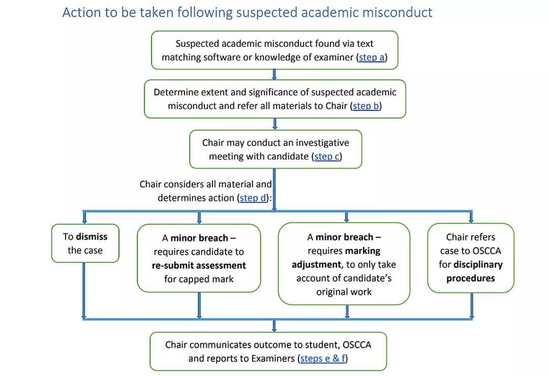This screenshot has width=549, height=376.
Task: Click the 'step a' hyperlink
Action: (372, 57)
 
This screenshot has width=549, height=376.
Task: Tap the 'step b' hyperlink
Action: (366, 106)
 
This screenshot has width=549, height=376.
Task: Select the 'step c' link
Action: (326, 156)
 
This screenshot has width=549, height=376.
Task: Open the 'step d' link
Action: (253, 198)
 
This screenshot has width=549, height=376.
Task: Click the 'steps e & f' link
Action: (323, 358)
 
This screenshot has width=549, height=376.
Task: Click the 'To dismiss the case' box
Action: (85, 243)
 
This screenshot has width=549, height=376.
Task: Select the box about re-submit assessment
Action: (199, 258)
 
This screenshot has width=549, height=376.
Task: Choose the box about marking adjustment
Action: (344, 264)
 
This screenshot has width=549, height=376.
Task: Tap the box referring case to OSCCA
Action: (471, 258)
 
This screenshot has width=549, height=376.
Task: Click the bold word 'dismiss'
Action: (91, 236)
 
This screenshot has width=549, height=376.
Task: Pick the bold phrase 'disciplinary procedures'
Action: (471, 271)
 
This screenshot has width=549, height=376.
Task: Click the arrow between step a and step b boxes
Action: (274, 74)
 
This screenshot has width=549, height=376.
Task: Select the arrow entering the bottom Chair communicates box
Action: (274, 326)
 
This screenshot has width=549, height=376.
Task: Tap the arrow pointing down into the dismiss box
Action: (85, 218)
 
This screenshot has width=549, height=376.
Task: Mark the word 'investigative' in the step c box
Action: (320, 143)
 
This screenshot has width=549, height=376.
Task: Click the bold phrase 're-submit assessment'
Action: (199, 265)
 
